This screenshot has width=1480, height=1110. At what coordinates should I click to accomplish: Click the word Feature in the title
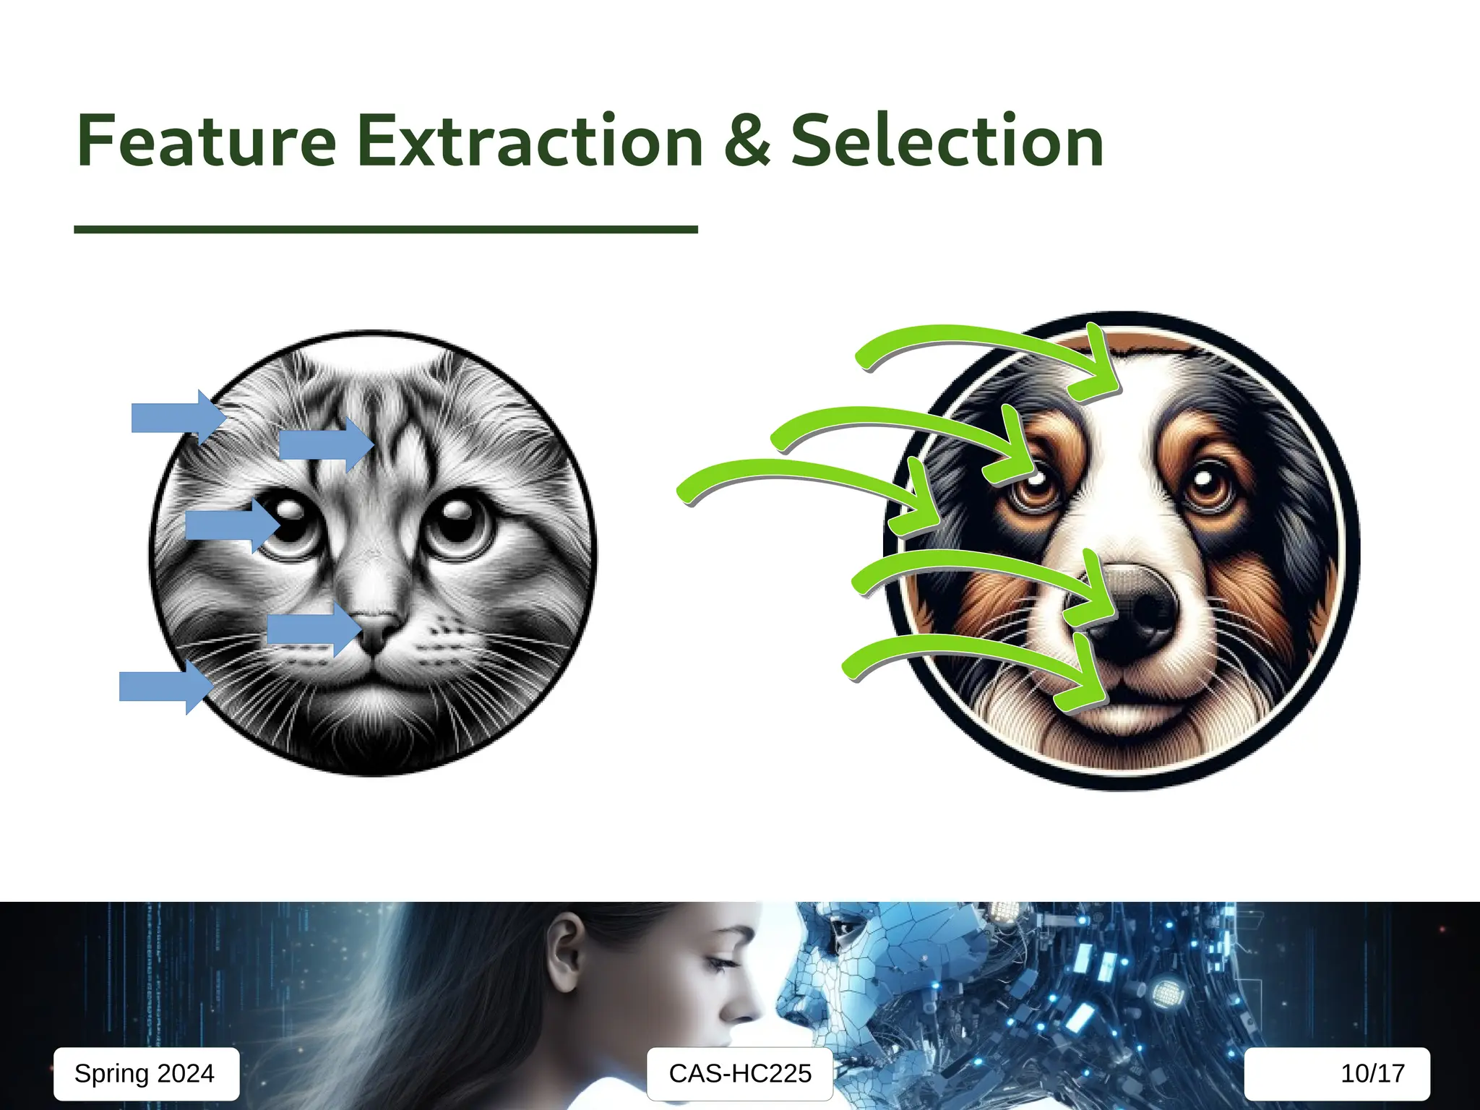pos(207,142)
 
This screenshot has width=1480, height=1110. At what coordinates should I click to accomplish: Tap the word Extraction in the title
pos(530,142)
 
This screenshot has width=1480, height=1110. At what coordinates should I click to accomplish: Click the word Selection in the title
pos(947,142)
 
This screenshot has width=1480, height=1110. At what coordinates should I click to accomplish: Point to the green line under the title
pos(385,229)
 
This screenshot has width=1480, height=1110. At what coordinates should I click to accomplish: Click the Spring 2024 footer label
pos(145,1073)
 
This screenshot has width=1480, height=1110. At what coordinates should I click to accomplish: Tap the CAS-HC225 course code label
pos(740,1073)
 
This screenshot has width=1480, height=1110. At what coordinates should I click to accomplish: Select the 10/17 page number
pos(1372,1073)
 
